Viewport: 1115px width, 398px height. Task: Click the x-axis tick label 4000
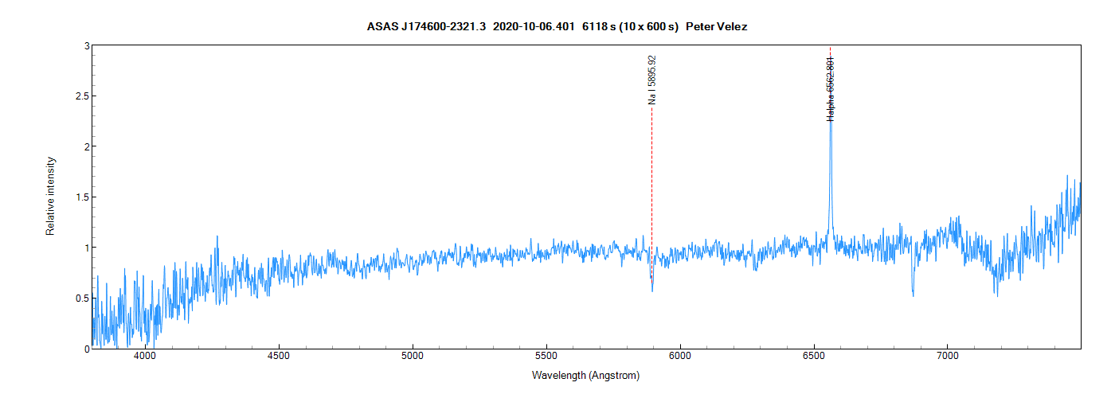[x=145, y=357]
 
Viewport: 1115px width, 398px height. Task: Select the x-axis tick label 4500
[x=279, y=357]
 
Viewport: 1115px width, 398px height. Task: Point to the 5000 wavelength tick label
[x=413, y=357]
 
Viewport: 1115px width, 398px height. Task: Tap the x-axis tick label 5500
[x=546, y=357]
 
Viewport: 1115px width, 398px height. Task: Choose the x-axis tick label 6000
[x=680, y=357]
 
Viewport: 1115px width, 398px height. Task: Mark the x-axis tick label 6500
[x=814, y=357]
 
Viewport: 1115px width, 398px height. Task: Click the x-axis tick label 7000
[x=948, y=357]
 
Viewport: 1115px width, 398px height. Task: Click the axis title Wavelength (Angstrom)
[x=585, y=375]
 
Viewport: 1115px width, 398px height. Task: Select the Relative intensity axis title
[x=50, y=197]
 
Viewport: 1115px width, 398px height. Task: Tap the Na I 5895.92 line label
[x=652, y=80]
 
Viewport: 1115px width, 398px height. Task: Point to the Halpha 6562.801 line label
[x=831, y=88]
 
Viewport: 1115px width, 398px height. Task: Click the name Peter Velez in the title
[x=716, y=27]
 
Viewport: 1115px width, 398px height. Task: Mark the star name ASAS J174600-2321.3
[x=426, y=27]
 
